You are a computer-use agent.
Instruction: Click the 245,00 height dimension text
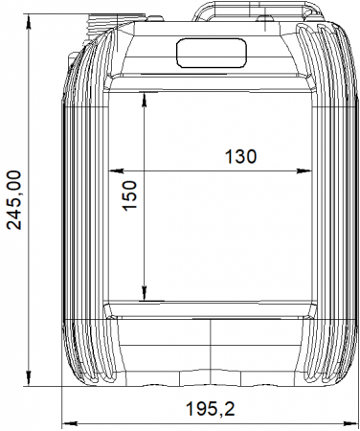(14, 200)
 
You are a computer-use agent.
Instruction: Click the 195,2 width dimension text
(211, 409)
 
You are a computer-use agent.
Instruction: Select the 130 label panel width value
(240, 156)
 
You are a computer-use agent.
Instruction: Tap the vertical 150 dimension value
(129, 195)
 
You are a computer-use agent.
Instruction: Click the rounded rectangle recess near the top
(212, 53)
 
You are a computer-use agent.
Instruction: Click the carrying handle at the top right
(257, 11)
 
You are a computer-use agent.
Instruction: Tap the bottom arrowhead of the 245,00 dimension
(29, 378)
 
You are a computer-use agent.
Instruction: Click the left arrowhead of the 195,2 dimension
(69, 423)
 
